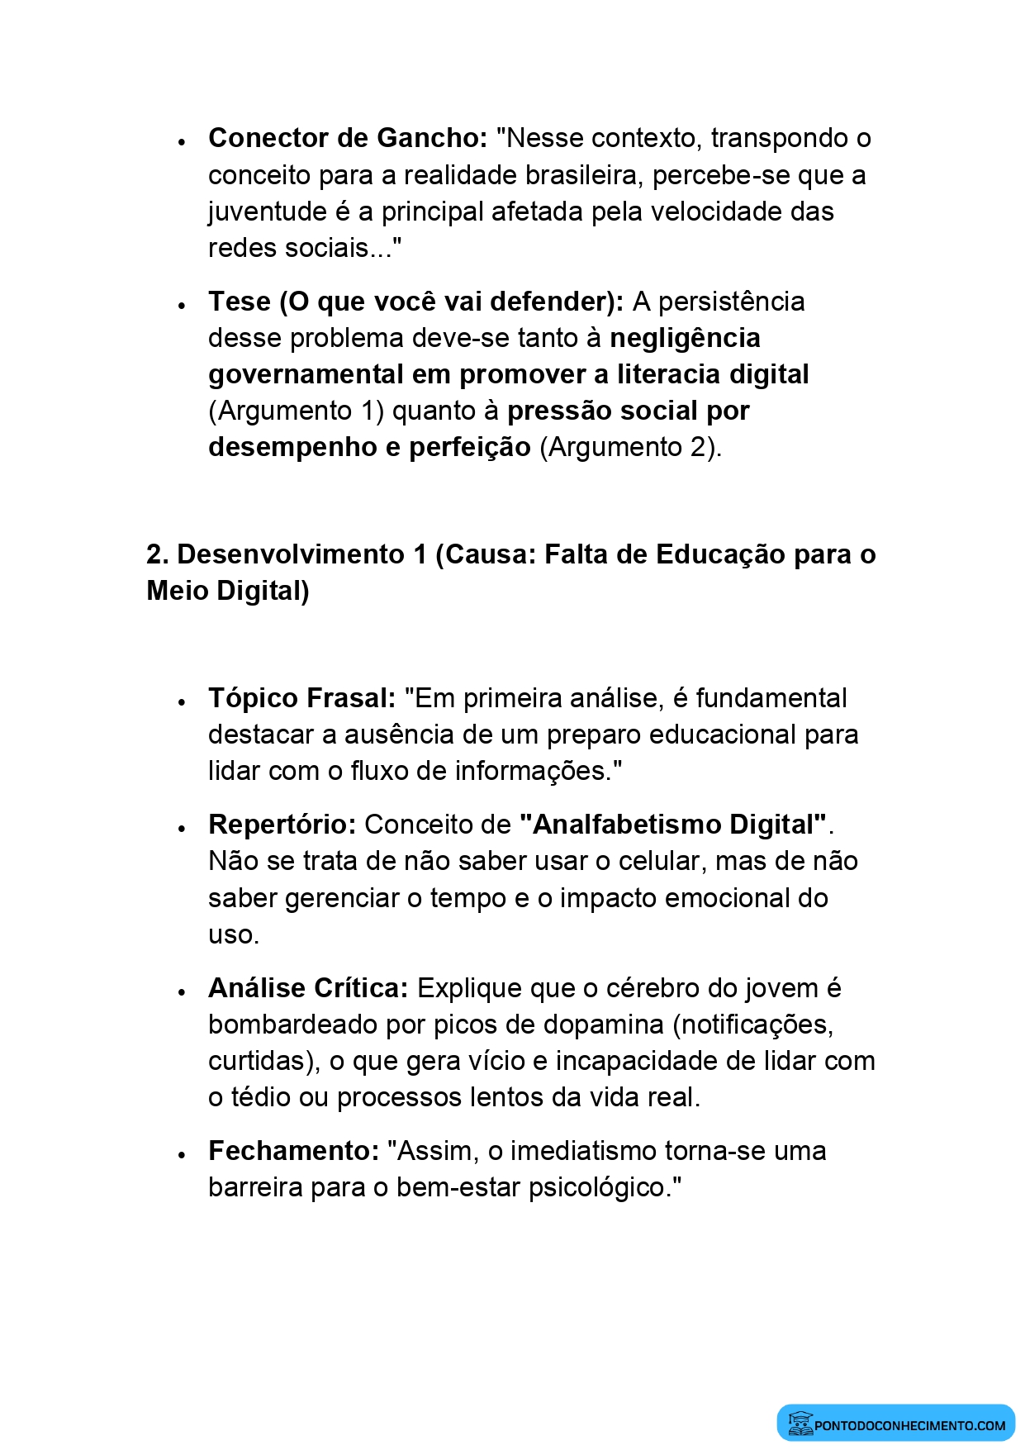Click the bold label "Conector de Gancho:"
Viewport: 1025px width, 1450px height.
[x=348, y=138]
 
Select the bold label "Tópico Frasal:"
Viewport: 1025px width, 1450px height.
[x=302, y=698]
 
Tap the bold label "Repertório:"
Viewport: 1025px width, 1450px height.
[x=282, y=825]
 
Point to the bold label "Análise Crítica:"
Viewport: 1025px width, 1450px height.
[x=308, y=988]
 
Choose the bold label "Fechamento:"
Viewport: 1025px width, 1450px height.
[x=293, y=1151]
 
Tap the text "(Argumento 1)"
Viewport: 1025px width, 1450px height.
[x=296, y=411]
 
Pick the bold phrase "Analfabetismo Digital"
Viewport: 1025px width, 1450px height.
[x=673, y=825]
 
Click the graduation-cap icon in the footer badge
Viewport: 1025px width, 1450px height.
[x=800, y=1423]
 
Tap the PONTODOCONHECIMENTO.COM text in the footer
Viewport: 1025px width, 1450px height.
[x=909, y=1425]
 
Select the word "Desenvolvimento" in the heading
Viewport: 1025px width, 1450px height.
[x=291, y=554]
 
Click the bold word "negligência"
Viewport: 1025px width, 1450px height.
[x=685, y=338]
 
